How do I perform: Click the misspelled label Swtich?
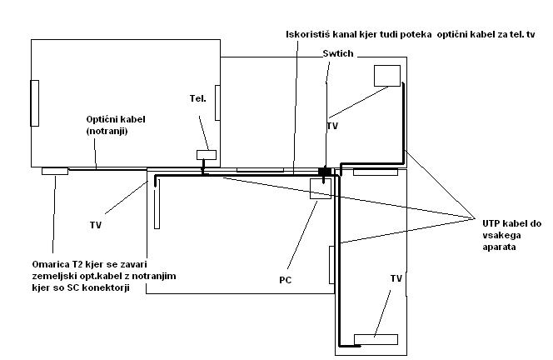click(337, 53)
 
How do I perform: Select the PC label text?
click(285, 280)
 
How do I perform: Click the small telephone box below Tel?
click(206, 154)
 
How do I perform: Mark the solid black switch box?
click(325, 171)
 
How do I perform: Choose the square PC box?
click(321, 189)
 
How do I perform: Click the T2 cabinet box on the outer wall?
click(55, 171)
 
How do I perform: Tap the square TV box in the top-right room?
click(386, 75)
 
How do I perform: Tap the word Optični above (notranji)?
click(106, 120)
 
